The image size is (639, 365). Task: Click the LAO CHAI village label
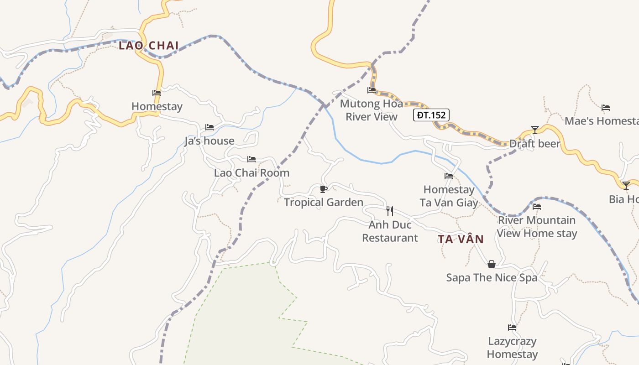149,46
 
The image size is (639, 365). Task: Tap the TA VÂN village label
461,239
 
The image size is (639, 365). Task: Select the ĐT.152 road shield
431,115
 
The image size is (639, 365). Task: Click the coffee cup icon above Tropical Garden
324,189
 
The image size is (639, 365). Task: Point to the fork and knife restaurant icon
390,211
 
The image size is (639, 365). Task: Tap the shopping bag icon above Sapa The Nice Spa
492,264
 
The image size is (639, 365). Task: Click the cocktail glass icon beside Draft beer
534,130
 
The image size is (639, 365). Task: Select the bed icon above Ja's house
210,127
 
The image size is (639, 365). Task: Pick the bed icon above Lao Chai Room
251,159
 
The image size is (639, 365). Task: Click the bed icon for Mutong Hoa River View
372,90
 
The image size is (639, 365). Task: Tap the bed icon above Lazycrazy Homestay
512,328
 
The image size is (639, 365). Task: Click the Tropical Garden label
324,202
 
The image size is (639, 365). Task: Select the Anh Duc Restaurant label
390,231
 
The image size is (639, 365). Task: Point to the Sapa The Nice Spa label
492,277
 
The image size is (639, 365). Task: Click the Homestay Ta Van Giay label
449,196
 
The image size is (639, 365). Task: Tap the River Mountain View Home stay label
537,227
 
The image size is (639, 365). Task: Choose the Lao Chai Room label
251,173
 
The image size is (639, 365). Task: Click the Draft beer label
534,144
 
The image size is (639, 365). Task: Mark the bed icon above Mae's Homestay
606,108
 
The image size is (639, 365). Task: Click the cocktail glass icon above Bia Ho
626,186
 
